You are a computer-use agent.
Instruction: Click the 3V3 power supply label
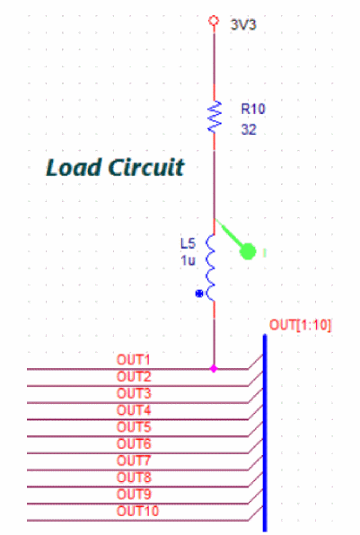pos(243,25)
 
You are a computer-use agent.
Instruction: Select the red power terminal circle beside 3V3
pos(214,21)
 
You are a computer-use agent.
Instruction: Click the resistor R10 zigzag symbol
pos(215,117)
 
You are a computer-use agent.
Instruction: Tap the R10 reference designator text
pos(253,109)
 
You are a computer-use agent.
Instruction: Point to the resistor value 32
pos(249,129)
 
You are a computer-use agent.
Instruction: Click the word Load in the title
pos(73,168)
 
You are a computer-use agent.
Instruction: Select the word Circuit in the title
pos(146,168)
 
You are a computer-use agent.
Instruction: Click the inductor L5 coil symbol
pos(211,267)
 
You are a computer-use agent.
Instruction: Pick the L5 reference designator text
pos(188,243)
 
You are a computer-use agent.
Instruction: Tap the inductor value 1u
pos(188,260)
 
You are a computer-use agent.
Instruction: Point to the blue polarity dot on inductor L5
pos(199,294)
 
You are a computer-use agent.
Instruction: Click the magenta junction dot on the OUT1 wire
pos(214,369)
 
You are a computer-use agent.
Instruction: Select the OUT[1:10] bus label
pos(300,325)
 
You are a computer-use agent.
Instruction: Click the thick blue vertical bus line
pos(265,433)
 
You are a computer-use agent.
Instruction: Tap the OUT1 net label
pos(134,360)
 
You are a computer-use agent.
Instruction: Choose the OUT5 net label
pos(134,427)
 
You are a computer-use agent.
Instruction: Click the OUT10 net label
pos(138,511)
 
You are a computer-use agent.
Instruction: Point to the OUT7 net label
pos(134,460)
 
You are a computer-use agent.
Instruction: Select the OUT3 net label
pos(134,393)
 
